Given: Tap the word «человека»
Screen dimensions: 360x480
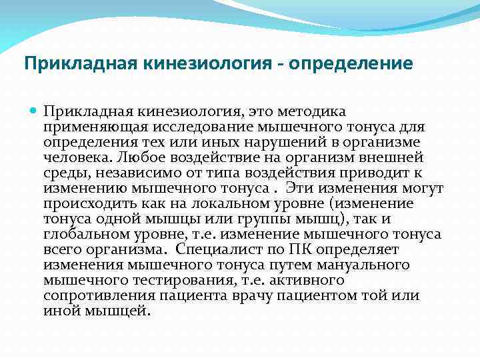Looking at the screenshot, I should (77, 157).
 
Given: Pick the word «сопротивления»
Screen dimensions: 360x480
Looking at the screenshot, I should (92, 295).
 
